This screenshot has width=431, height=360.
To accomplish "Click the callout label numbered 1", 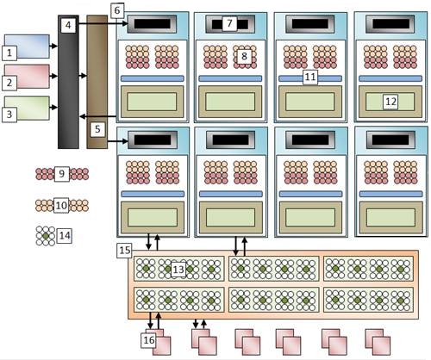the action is pos(9,53).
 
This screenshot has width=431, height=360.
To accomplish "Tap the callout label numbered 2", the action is pos(9,83).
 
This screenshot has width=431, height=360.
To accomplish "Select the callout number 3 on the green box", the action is pos(9,115).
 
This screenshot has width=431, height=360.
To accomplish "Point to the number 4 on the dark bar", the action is pos(68,25).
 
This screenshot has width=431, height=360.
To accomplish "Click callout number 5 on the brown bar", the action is pos(97,129).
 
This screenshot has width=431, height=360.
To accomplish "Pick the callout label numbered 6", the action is pos(117,10).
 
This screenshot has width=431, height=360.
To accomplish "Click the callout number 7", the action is pos(229,23).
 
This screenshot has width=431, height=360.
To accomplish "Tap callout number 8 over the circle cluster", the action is pos(244,56).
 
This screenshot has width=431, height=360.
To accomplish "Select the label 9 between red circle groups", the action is pos(61,174).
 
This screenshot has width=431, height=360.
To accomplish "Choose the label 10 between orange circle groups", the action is pos(61,205).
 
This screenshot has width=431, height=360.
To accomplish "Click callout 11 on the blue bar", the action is pos(310,77).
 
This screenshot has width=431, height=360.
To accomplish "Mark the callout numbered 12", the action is pos(390,102).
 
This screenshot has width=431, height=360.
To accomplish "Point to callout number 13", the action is pos(178,270).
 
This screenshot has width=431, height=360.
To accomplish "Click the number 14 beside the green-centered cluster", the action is pos(65,236).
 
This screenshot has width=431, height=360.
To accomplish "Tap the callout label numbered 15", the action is pos(125,250).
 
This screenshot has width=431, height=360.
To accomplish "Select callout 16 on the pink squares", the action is pos(149,340).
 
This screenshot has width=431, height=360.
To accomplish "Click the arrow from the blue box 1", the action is pos(53,46).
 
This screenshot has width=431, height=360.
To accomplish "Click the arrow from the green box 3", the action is pos(53,108).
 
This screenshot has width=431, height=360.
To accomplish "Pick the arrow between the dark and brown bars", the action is pos(83,76).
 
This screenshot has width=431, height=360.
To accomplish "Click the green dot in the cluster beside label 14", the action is pos(46,236).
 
